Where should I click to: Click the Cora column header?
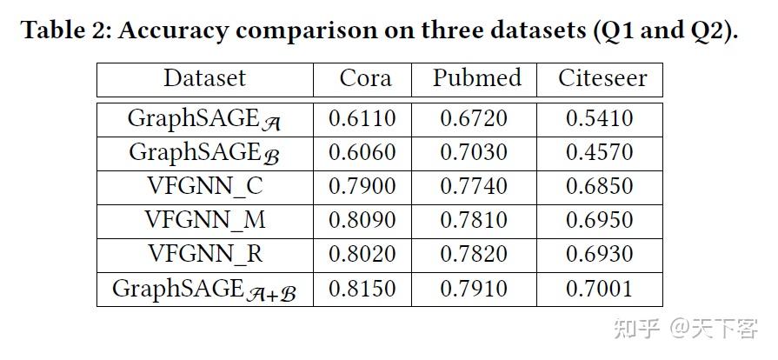365,79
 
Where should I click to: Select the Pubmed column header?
477,79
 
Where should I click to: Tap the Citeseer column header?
602,79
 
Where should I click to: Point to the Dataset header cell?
204,79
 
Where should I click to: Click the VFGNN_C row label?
204,186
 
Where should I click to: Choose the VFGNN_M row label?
204,220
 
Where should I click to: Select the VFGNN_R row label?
204,254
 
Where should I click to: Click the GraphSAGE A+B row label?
204,290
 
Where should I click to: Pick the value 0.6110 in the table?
362,118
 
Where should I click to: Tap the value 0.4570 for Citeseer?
599,152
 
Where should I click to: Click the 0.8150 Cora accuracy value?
362,289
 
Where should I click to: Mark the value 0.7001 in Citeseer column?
599,289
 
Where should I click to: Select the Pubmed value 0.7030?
474,152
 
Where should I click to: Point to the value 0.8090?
362,220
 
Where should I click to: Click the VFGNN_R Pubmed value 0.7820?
474,254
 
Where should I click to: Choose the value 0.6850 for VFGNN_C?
599,186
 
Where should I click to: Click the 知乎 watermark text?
635,328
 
